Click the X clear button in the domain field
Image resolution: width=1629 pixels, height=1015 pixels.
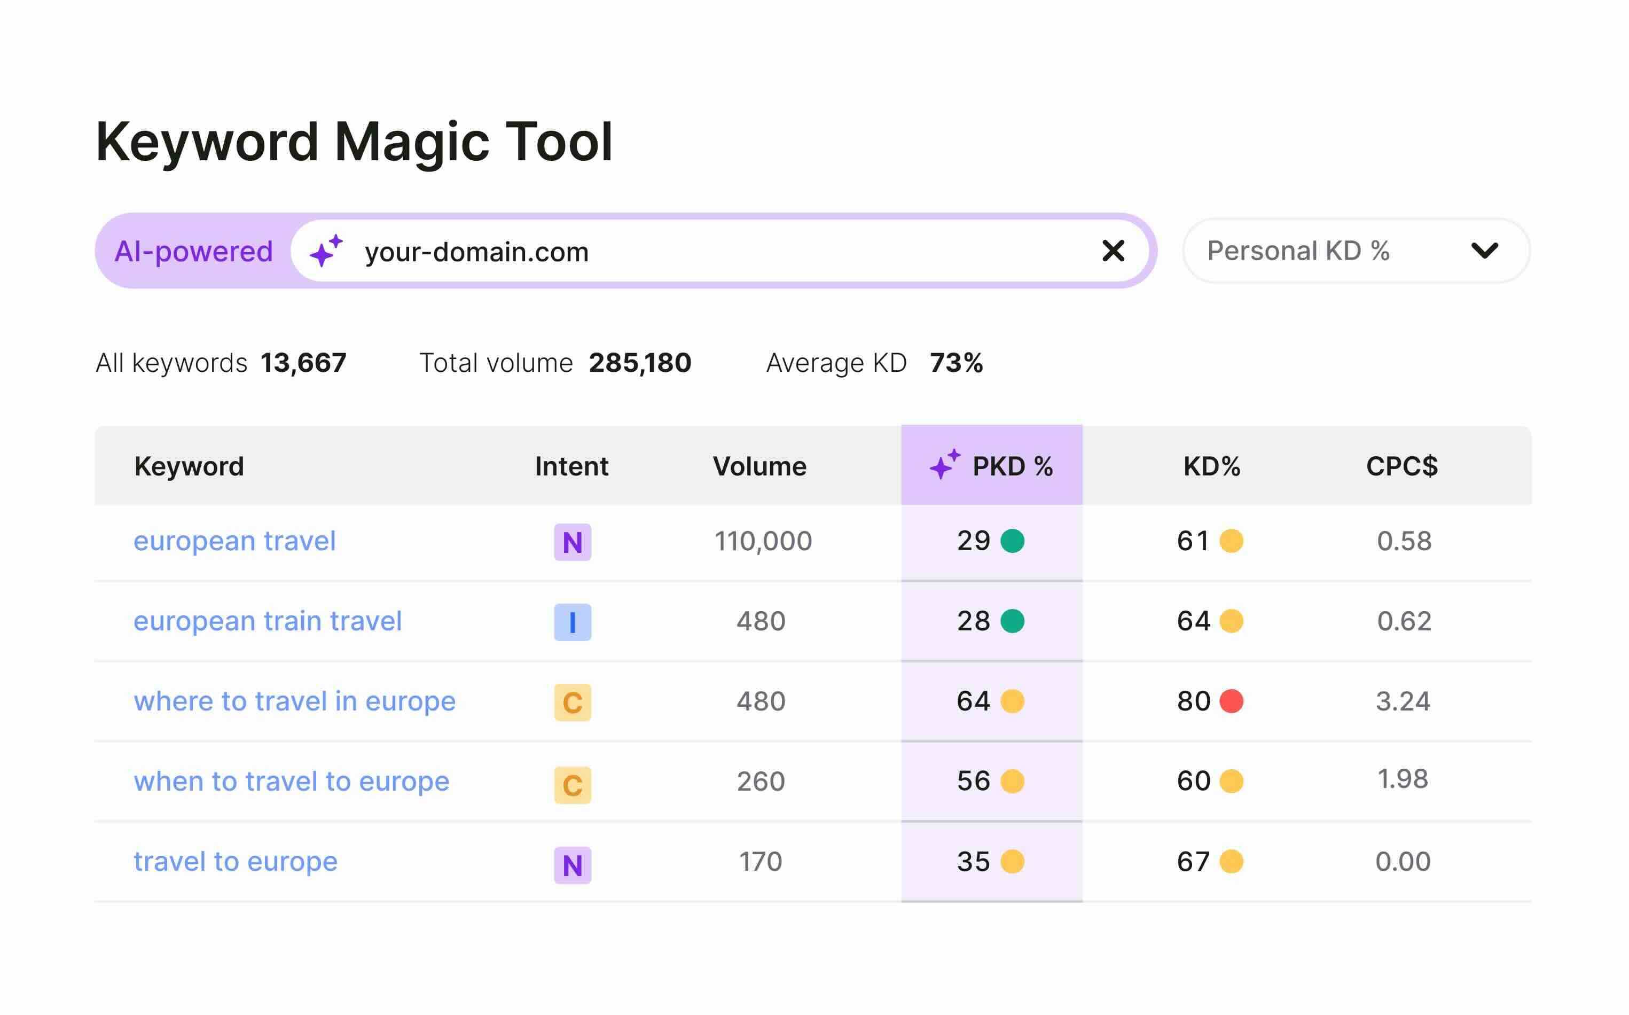[1113, 251]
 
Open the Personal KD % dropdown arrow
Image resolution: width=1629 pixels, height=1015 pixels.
[1484, 251]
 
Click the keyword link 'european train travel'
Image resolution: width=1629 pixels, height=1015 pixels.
[267, 621]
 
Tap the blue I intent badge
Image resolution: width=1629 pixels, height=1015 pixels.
[572, 622]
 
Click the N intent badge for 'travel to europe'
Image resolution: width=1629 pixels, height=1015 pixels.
[572, 865]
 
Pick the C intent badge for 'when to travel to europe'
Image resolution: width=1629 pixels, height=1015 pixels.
[572, 784]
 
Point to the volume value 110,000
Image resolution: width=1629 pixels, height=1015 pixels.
[763, 541]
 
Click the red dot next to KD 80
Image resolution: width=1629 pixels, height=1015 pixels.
[1231, 701]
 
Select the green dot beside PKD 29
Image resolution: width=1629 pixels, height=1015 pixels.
[1012, 541]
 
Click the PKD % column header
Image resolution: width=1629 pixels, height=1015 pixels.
[991, 466]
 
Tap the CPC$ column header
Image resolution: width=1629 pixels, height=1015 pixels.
[1401, 466]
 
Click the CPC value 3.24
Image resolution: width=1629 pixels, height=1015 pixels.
[1403, 701]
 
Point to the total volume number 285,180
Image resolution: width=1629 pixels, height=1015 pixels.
[640, 363]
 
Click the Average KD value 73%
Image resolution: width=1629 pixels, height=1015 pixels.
[956, 363]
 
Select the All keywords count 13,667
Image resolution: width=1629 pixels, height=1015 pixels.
[303, 363]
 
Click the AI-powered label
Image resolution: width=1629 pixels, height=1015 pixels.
[193, 251]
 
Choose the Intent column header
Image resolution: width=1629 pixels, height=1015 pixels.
[571, 466]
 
